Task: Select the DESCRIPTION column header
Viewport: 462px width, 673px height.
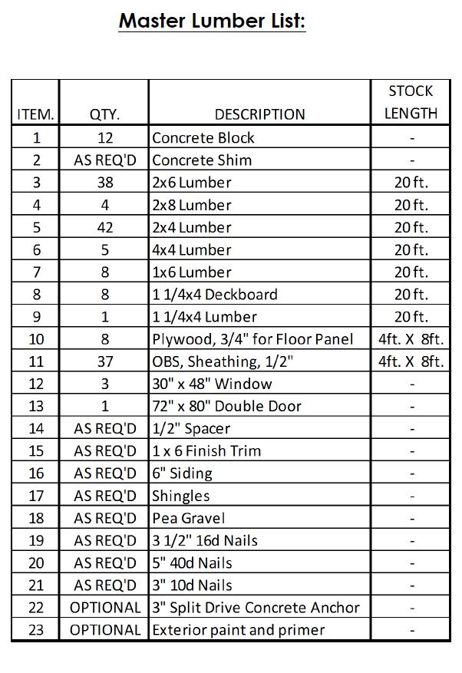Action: (259, 114)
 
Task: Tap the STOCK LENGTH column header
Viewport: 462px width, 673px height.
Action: (411, 102)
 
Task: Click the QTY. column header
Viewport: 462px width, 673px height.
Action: (104, 114)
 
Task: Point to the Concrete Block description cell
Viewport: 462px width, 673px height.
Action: (203, 138)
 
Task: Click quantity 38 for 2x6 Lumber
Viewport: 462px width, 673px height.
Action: (104, 183)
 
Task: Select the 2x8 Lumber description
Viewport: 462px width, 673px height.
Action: (192, 205)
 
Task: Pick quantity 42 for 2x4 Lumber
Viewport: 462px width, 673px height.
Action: (104, 227)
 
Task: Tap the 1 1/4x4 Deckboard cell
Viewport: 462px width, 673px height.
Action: (215, 295)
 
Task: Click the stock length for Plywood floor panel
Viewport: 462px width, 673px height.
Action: (411, 339)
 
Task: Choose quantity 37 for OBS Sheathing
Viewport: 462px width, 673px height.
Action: (104, 361)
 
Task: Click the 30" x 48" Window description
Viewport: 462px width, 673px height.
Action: (212, 384)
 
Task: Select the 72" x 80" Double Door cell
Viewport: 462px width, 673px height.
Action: (226, 406)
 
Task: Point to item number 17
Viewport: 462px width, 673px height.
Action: (35, 496)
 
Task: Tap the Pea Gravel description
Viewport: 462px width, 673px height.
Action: (188, 518)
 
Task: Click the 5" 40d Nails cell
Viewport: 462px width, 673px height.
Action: (192, 562)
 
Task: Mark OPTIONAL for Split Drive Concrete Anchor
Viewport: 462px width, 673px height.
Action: (105, 608)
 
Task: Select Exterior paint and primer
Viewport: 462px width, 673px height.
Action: (238, 630)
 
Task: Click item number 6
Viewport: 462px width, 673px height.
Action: (35, 250)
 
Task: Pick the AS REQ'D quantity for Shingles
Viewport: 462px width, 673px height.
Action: (104, 496)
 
